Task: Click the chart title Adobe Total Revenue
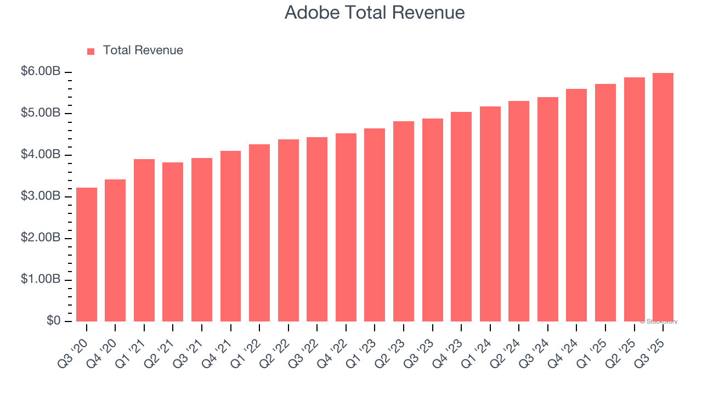point(375,13)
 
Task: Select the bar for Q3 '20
point(87,255)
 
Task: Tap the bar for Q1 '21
point(144,240)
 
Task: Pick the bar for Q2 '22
point(288,230)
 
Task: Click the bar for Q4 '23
point(461,217)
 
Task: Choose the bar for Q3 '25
point(663,198)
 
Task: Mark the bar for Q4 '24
point(576,205)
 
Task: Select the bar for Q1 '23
point(375,225)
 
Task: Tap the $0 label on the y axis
point(53,321)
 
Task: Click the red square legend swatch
point(91,51)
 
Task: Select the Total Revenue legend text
point(143,50)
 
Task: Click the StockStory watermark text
point(659,321)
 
